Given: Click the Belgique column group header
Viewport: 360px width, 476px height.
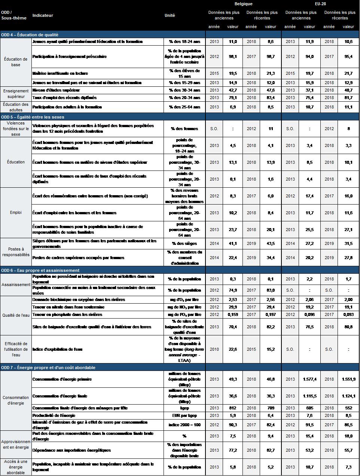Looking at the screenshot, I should [243, 4].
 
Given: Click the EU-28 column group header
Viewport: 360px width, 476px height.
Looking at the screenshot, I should [321, 4].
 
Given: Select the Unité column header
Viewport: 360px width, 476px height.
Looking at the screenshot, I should [170, 15].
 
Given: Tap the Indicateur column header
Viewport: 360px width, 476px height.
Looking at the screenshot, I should [43, 15].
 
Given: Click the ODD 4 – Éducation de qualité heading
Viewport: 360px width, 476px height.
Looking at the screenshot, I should [30, 35].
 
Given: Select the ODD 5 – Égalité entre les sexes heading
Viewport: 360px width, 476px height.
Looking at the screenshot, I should [33, 117].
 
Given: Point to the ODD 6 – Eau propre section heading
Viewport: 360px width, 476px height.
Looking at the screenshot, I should [40, 270].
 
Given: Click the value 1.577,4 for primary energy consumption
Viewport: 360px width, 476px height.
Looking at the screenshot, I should [309, 379].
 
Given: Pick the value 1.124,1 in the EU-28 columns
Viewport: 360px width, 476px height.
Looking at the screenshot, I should [348, 396].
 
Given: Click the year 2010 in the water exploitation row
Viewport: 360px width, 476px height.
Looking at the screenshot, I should [214, 349].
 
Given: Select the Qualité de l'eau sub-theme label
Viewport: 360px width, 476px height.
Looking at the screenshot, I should [16, 315].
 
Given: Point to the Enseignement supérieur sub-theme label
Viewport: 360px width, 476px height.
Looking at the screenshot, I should [16, 93].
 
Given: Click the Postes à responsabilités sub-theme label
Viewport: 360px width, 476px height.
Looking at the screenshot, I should [16, 252].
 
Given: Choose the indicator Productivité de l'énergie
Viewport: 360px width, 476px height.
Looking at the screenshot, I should [54, 415].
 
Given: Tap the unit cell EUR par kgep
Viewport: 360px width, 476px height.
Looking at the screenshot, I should [184, 415].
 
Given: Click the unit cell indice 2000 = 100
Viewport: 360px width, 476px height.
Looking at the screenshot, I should [184, 425].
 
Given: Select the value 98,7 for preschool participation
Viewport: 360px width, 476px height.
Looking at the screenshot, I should [271, 56].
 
